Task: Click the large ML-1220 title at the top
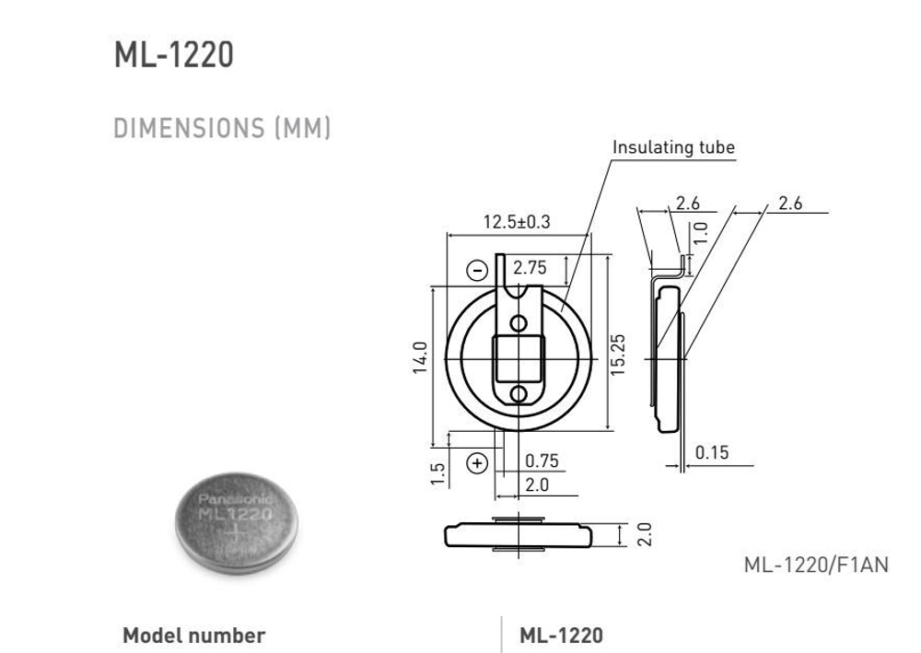[173, 55]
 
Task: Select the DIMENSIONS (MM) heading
[222, 128]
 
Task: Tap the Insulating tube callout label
[673, 147]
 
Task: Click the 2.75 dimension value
[530, 268]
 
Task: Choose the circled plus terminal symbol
[477, 462]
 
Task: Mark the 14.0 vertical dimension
[420, 357]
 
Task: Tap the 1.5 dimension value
[438, 472]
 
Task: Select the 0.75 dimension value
[542, 461]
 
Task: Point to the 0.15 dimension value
[712, 452]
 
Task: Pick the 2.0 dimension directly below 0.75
[537, 484]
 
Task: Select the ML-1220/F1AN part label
[816, 565]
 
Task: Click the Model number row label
[193, 636]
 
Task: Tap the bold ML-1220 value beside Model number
[561, 636]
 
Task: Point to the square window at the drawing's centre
[519, 359]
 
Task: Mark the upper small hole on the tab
[519, 322]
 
